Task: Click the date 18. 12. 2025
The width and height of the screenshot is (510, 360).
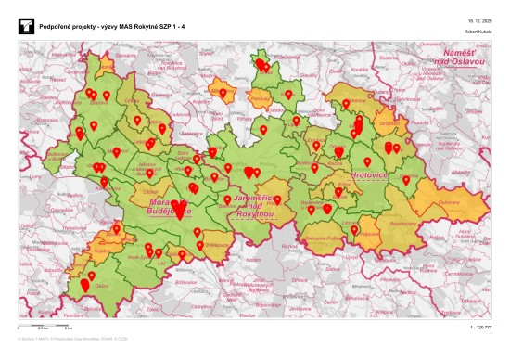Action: [x=478, y=19]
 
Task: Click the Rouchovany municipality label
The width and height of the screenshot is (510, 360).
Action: [x=402, y=224]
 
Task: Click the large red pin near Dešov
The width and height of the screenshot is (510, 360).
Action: [x=85, y=286]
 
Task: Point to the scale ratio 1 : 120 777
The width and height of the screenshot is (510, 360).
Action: [x=482, y=328]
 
